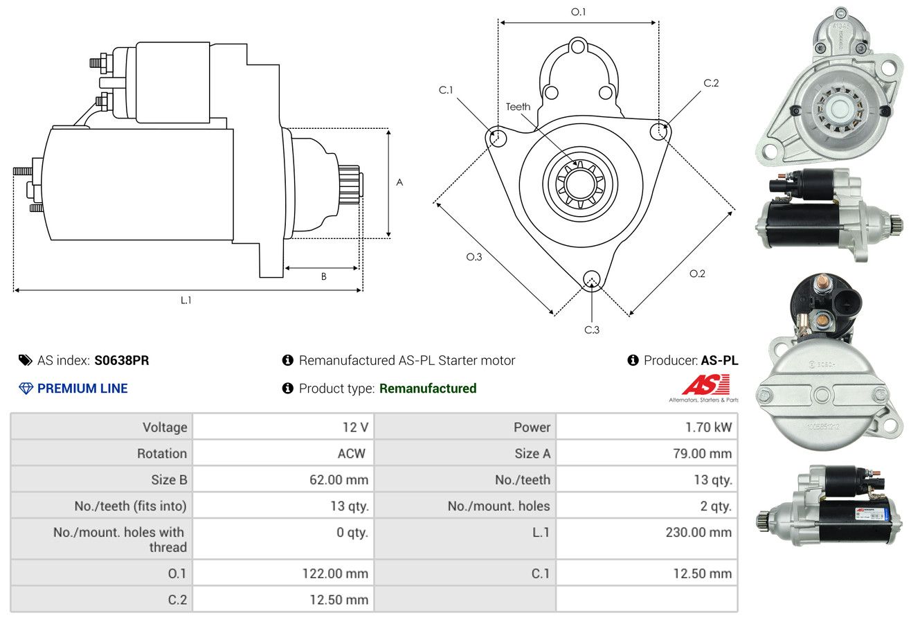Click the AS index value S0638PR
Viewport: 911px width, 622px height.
coord(122,360)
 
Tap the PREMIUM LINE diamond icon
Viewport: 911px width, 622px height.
coord(26,389)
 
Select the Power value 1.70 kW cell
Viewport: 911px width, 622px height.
coord(647,427)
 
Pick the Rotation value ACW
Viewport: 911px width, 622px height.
coord(352,454)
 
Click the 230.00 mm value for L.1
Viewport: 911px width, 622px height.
coord(698,532)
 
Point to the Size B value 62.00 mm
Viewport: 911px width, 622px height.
coord(339,479)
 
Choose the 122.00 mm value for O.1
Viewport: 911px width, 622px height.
coord(335,574)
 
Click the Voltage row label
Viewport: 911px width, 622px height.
coord(165,427)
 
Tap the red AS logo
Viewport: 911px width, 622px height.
coord(706,385)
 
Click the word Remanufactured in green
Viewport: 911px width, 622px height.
coord(428,389)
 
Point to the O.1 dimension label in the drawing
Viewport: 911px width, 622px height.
coord(578,12)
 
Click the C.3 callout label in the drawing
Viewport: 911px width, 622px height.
coord(592,330)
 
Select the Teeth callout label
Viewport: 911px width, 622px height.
coord(518,107)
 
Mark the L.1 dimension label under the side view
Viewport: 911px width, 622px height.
coord(186,300)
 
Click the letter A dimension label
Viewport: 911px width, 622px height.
coord(400,182)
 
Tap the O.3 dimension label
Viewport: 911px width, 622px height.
coord(473,257)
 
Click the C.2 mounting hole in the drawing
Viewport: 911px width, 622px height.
coord(659,131)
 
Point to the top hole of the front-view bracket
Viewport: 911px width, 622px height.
coord(577,47)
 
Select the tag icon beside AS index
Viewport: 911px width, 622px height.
coord(25,360)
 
